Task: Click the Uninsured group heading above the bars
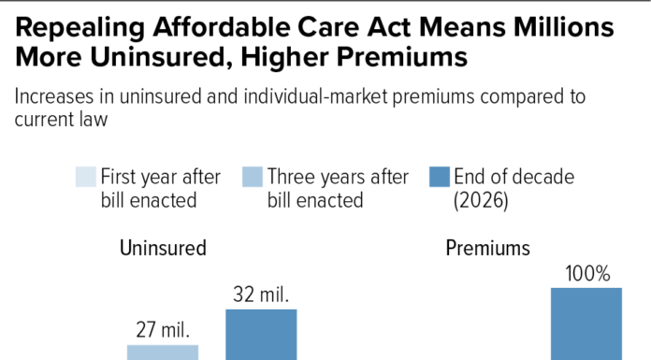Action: pos(163,248)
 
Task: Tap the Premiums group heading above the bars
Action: pos(487,248)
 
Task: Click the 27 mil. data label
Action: pos(163,330)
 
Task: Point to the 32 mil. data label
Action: pos(261,295)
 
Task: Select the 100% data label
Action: pos(586,274)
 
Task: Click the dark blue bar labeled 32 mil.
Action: pos(261,335)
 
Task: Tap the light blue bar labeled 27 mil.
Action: pos(163,353)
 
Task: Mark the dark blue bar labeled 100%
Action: pos(586,324)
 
